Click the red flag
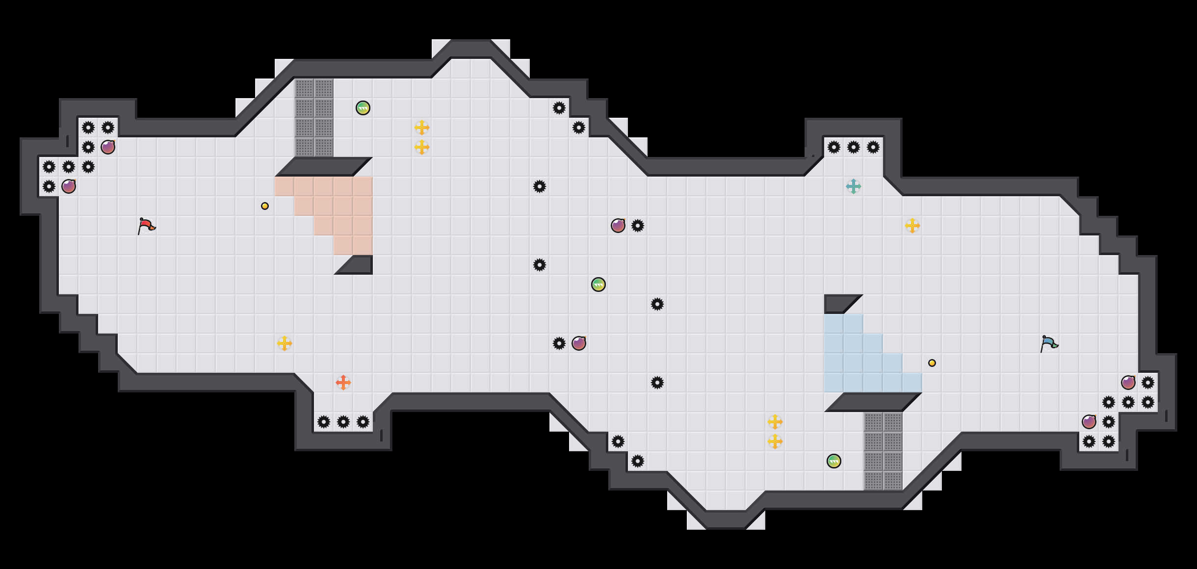pyautogui.click(x=146, y=226)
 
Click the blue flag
pyautogui.click(x=1048, y=343)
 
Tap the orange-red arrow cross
pyautogui.click(x=343, y=382)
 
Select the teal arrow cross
pyautogui.click(x=854, y=186)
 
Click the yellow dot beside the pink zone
pyautogui.click(x=265, y=206)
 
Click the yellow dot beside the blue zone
pyautogui.click(x=932, y=363)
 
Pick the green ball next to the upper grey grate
pyautogui.click(x=363, y=108)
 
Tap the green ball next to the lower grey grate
pyautogui.click(x=834, y=461)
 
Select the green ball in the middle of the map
pyautogui.click(x=598, y=284)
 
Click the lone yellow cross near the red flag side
pyautogui.click(x=285, y=343)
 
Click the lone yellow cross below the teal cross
pyautogui.click(x=912, y=226)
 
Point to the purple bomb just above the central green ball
pyautogui.click(x=618, y=226)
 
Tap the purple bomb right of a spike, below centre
pyautogui.click(x=579, y=343)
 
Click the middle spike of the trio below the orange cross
pyautogui.click(x=343, y=422)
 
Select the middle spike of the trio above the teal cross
pyautogui.click(x=854, y=147)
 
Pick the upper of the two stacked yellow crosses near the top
pyautogui.click(x=422, y=128)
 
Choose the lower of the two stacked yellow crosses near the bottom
pyautogui.click(x=775, y=441)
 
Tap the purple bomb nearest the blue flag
pyautogui.click(x=1128, y=383)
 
